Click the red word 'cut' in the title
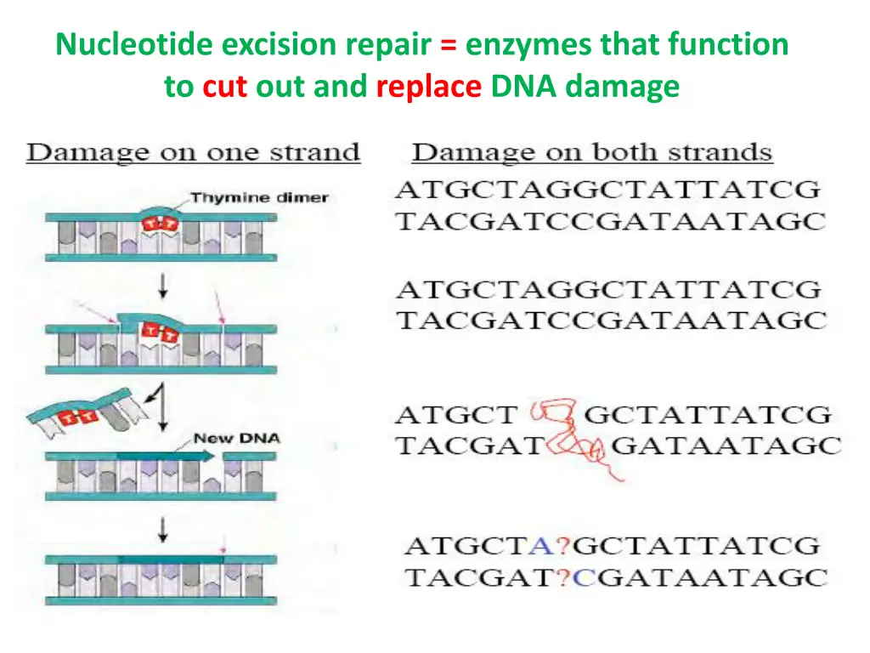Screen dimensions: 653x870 pyautogui.click(x=224, y=86)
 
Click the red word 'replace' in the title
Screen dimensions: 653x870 pyautogui.click(x=429, y=86)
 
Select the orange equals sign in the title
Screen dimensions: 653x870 pyautogui.click(x=447, y=44)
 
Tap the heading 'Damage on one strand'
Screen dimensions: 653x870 pyautogui.click(x=194, y=154)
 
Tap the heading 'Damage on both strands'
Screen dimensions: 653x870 pyautogui.click(x=592, y=153)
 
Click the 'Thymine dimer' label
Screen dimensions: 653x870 pyautogui.click(x=259, y=198)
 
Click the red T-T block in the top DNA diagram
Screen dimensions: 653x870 pyautogui.click(x=155, y=224)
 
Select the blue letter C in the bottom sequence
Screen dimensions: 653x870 pyautogui.click(x=584, y=578)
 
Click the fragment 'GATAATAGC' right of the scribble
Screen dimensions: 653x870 pyautogui.click(x=726, y=446)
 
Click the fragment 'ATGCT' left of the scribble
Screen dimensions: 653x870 pyautogui.click(x=455, y=416)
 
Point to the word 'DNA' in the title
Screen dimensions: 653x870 pyautogui.click(x=523, y=86)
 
